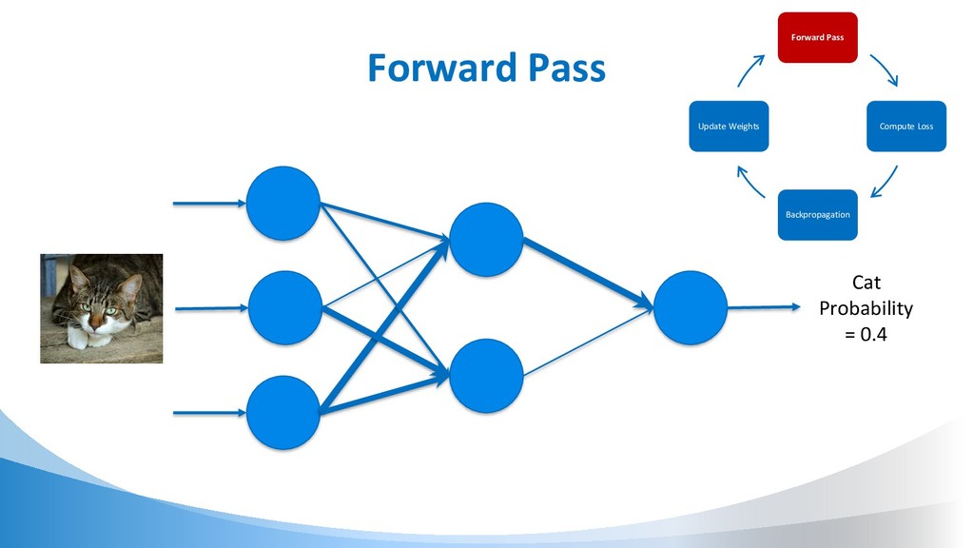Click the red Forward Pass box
817,38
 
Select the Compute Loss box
906,127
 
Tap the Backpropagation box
817,215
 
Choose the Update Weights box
729,127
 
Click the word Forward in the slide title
430,69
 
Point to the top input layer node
283,204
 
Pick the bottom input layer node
283,412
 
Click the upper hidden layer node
486,239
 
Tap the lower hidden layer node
486,376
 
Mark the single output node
691,306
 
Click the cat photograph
101,308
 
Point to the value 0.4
873,334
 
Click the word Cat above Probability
866,283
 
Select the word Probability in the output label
866,308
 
